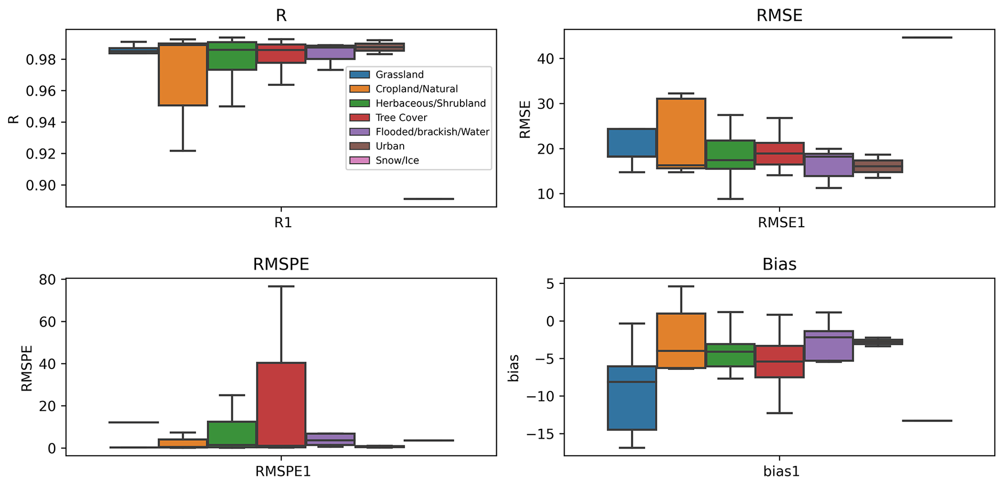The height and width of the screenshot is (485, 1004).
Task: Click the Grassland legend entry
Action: [399, 75]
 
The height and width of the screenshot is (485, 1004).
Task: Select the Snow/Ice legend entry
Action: [397, 160]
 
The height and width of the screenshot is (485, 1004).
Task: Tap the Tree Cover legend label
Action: [401, 117]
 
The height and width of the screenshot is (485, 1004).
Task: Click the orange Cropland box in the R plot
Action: [183, 74]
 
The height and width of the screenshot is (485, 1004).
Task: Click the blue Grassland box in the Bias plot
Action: [632, 398]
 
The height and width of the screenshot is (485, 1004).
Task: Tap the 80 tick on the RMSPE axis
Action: [48, 280]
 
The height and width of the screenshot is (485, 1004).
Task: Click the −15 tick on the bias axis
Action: [540, 434]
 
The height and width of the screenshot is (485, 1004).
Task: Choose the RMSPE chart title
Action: [281, 265]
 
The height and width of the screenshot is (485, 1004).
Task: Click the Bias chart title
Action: [779, 265]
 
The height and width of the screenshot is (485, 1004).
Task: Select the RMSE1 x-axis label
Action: [781, 223]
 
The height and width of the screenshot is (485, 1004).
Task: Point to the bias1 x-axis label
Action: [781, 471]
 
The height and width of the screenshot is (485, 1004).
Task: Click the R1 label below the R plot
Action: [283, 223]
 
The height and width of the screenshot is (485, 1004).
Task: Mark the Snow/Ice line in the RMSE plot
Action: [927, 37]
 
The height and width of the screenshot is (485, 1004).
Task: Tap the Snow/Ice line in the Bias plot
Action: [927, 420]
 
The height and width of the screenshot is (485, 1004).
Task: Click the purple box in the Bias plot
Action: [829, 346]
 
